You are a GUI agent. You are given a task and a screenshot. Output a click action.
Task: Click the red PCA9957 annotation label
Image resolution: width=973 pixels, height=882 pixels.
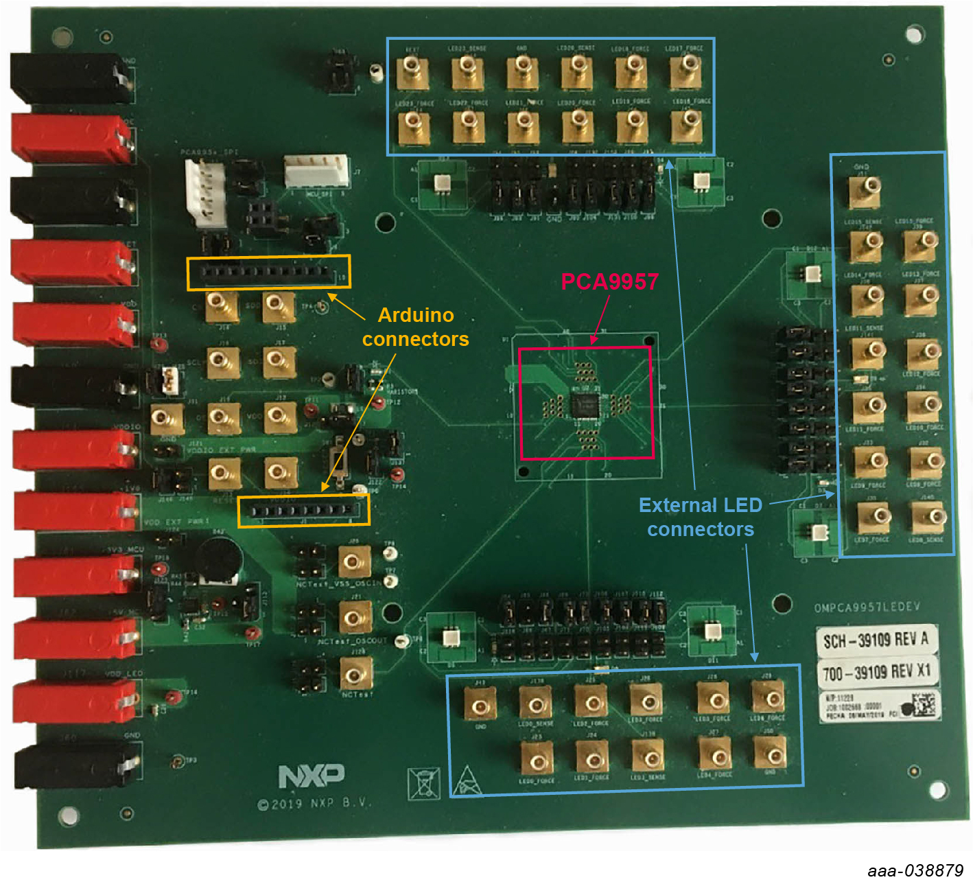pyautogui.click(x=609, y=281)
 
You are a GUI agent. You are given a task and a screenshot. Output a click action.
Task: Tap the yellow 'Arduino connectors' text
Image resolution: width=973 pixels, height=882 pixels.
pyautogui.click(x=416, y=327)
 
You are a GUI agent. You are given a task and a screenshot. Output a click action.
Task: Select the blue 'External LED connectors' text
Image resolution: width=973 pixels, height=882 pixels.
pyautogui.click(x=701, y=517)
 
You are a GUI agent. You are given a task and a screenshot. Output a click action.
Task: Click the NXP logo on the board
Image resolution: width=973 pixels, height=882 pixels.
pyautogui.click(x=312, y=776)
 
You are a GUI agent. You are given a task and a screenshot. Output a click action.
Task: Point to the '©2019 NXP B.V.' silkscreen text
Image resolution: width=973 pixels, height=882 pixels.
pyautogui.click(x=314, y=803)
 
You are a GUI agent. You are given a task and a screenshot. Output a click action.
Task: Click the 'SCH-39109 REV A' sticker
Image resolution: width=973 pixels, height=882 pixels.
pyautogui.click(x=876, y=640)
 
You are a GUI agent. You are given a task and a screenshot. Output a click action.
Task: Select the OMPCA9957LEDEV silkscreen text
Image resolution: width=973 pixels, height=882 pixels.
pyautogui.click(x=867, y=607)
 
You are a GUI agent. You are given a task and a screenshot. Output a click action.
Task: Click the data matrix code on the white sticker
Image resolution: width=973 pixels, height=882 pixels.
pyautogui.click(x=924, y=705)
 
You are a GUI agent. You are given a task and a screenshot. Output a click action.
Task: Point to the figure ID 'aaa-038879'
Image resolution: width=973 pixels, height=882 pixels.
pyautogui.click(x=915, y=870)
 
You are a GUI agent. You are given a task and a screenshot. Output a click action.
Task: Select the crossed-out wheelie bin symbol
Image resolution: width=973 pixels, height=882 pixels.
pyautogui.click(x=423, y=782)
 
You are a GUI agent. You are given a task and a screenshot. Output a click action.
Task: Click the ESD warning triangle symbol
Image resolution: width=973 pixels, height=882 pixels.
pyautogui.click(x=467, y=782)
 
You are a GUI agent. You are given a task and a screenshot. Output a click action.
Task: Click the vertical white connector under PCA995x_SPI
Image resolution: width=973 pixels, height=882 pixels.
pyautogui.click(x=204, y=193)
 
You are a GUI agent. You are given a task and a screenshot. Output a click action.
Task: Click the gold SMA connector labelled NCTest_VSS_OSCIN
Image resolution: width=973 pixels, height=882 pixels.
pyautogui.click(x=355, y=563)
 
